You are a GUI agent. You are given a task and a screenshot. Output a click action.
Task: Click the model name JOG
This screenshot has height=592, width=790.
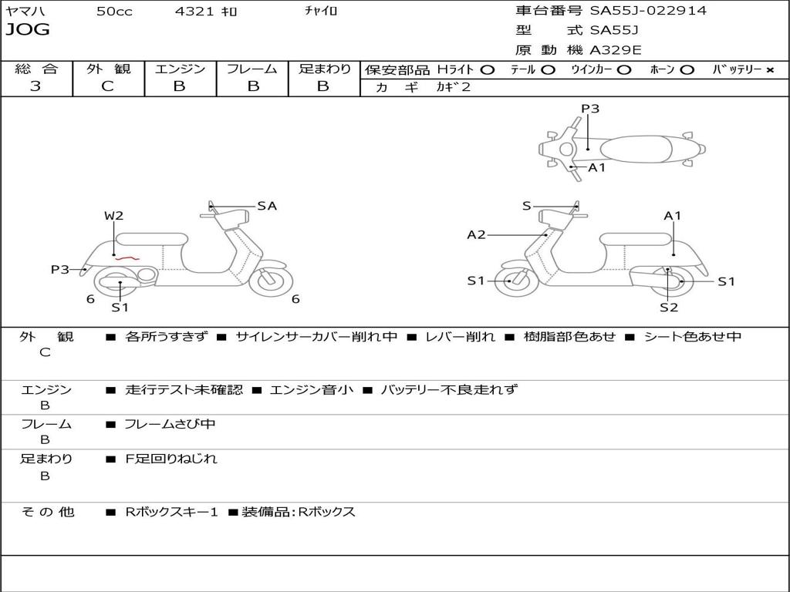point(28,30)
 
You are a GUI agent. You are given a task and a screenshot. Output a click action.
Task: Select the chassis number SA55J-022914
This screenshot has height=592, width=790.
point(648,11)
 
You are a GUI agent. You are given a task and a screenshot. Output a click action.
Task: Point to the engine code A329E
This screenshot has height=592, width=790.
point(616,51)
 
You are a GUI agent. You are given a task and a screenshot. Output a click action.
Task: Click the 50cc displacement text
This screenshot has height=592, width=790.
point(114,12)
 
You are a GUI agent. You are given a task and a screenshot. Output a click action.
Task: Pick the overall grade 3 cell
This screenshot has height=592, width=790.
point(35,86)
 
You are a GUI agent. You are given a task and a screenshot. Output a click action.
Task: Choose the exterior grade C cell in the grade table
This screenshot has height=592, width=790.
point(108,86)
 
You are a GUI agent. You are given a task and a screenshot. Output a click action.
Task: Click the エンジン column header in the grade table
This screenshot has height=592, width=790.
point(180,69)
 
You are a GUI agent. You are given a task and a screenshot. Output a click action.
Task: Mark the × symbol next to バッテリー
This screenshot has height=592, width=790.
point(770,69)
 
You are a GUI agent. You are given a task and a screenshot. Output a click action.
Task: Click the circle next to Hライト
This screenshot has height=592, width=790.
point(487,69)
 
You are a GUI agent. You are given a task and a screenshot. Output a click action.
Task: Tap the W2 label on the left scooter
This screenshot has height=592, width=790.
point(114,216)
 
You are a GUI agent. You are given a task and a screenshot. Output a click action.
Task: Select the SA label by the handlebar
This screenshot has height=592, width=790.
point(267,206)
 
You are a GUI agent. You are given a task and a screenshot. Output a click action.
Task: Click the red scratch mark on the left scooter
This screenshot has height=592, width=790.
point(126,257)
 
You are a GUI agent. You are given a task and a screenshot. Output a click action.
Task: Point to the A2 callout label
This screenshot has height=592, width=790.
point(477,234)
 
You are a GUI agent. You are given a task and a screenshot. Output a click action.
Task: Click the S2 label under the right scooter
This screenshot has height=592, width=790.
point(668,308)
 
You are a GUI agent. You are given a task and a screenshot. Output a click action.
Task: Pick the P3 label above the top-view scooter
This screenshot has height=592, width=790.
point(590,109)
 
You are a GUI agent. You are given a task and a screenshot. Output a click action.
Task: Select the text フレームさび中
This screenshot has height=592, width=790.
point(170,424)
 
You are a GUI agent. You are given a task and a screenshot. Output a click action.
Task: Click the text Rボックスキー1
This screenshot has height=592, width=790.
point(172,512)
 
